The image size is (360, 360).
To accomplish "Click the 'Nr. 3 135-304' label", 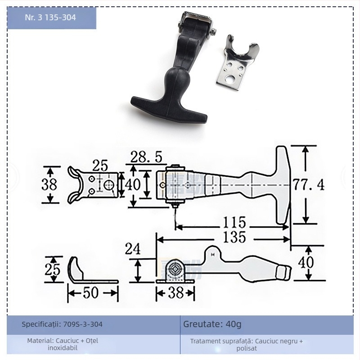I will point(50,18).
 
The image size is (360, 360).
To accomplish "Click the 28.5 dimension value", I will point(146,157).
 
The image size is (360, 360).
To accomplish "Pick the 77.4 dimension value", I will point(308,184).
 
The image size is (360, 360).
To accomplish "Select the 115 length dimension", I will point(235,222).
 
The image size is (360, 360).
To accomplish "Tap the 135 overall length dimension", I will point(235,237).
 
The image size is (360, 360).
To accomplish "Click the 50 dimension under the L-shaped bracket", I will point(91,293).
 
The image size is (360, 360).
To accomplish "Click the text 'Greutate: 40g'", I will point(212,324).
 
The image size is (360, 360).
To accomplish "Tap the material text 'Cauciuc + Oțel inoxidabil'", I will point(63,344).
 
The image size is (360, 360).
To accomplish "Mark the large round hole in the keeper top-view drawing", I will point(108,185).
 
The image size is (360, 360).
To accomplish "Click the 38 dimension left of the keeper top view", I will point(49,184).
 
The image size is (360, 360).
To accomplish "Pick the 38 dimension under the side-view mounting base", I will point(175,293).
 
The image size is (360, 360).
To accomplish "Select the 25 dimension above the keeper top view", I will point(100,166).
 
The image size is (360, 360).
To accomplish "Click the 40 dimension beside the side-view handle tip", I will point(306,262).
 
